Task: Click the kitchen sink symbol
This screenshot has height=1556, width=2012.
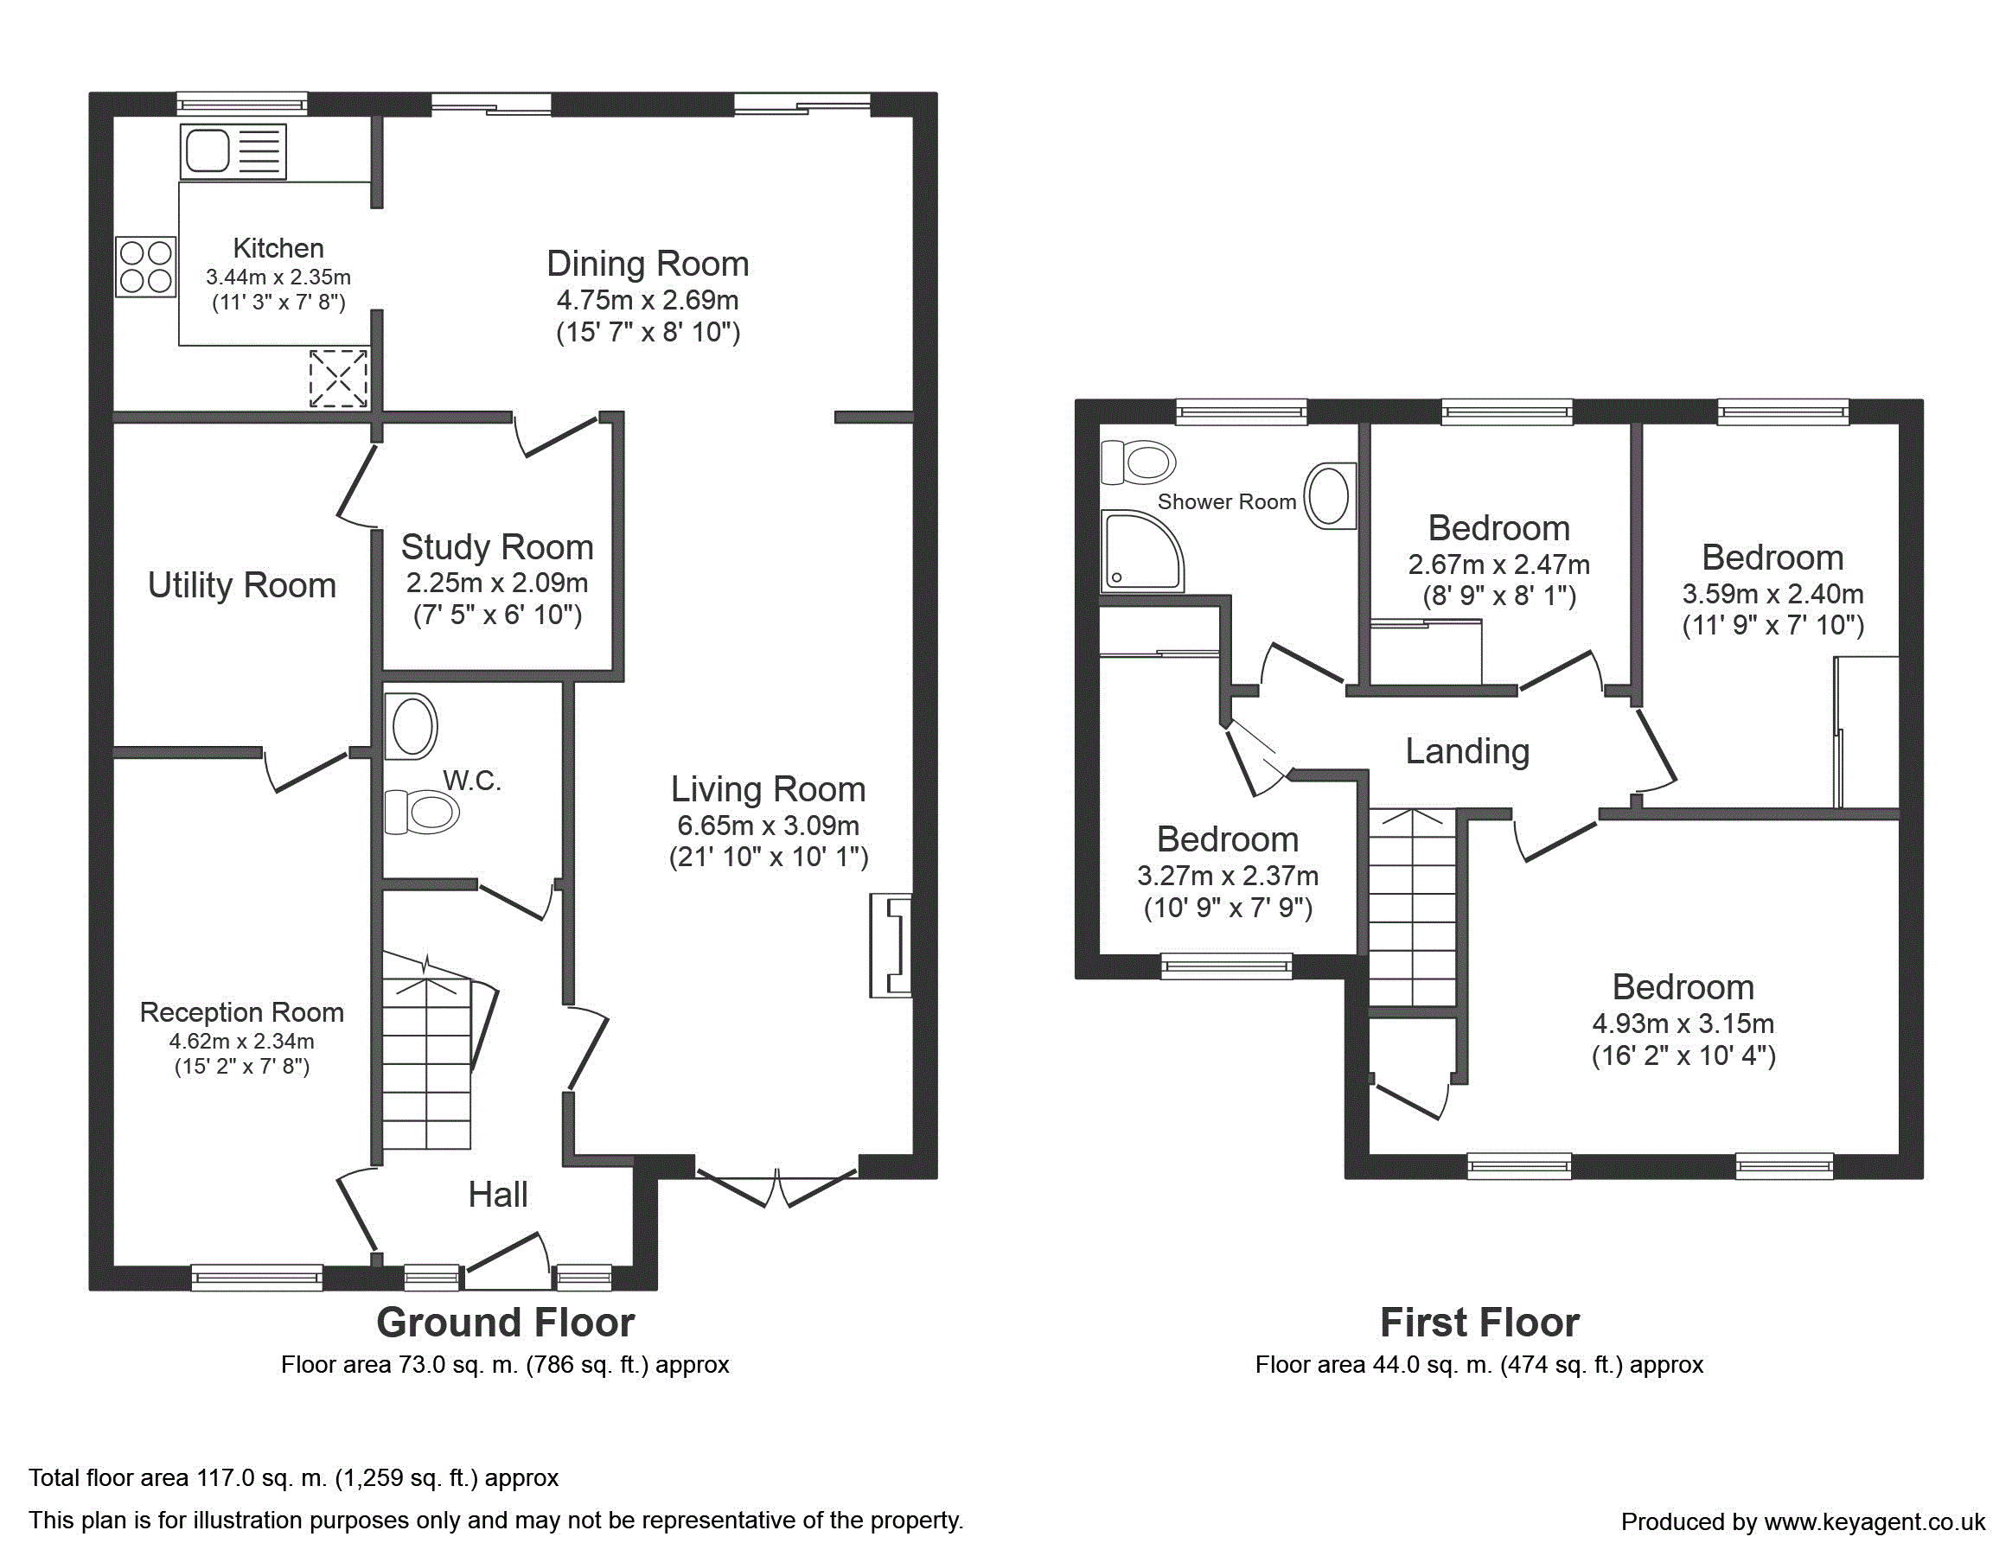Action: coord(233,151)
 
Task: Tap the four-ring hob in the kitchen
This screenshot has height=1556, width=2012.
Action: coord(145,267)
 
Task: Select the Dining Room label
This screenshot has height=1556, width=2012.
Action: coord(648,265)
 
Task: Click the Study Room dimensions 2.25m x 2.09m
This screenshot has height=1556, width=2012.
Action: coord(497,583)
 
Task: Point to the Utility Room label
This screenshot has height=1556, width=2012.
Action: coord(242,585)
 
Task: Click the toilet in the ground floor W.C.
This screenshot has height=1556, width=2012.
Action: coord(422,812)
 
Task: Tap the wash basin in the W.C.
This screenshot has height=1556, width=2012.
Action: coord(411,727)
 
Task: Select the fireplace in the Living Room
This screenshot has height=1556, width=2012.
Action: coord(891,945)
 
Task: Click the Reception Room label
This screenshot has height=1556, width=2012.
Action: coord(241,1012)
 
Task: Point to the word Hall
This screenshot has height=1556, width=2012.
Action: coord(497,1195)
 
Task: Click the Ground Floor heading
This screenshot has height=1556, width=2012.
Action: coord(506,1323)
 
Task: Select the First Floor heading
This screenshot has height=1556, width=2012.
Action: coord(1479,1323)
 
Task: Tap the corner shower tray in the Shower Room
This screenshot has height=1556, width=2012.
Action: coord(1142,551)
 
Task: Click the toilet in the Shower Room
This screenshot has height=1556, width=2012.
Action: coord(1139,462)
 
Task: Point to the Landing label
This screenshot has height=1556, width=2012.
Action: coord(1467,752)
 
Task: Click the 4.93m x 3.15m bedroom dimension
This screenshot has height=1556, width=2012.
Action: coord(1683,1024)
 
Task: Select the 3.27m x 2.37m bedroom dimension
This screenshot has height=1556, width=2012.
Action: coord(1228,875)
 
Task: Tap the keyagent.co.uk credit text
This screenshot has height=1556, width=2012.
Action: coord(1803,1522)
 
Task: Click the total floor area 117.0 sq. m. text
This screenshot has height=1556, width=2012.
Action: coord(294,1477)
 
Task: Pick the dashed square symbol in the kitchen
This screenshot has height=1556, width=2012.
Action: coord(338,378)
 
